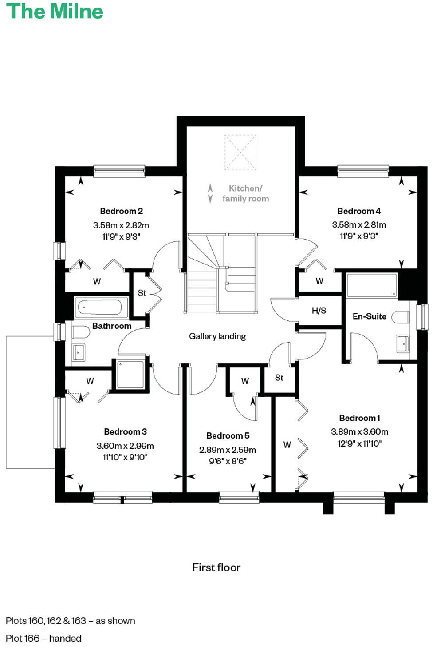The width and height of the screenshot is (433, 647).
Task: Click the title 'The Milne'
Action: (54, 12)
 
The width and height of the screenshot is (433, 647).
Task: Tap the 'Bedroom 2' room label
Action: (121, 211)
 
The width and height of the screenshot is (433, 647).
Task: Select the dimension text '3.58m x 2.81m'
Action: (359, 225)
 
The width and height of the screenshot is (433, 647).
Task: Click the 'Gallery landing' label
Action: (217, 336)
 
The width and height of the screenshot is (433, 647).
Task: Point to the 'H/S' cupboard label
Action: (319, 311)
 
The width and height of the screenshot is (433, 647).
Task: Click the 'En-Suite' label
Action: (369, 316)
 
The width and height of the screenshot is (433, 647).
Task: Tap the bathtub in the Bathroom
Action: (100, 307)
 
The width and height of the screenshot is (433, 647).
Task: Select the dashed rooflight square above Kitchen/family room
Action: (240, 152)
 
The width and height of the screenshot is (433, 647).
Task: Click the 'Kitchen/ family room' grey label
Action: (245, 194)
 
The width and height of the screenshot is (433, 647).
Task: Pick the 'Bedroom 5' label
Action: (228, 436)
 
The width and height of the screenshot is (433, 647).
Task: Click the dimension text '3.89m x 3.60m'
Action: (359, 432)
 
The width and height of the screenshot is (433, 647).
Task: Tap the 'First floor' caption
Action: (216, 567)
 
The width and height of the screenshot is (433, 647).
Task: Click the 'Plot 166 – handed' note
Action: (43, 639)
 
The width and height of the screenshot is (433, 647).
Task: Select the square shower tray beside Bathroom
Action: (130, 375)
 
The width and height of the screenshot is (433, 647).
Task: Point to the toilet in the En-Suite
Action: (401, 317)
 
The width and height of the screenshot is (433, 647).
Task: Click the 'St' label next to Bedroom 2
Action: (142, 293)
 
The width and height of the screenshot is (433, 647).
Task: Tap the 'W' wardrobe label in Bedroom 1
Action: (287, 445)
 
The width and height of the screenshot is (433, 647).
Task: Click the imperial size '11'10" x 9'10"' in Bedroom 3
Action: (125, 457)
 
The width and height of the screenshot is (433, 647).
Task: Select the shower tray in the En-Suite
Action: (371, 285)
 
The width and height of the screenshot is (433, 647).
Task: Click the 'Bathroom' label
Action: (112, 326)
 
